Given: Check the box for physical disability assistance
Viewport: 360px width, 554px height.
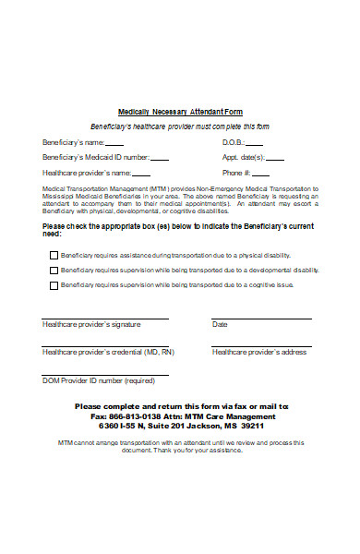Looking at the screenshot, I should coord(52,255).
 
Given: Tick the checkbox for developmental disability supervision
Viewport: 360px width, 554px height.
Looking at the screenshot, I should coord(52,271).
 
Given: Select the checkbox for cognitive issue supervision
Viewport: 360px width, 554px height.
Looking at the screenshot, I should coord(52,285).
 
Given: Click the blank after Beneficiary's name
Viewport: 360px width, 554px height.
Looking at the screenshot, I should coord(114,144).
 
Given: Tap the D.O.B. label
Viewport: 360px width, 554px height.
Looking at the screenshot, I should coord(233,143).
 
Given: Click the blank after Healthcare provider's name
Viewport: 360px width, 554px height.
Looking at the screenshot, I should coord(140,174).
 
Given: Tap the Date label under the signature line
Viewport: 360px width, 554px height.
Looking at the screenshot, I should coord(220,325).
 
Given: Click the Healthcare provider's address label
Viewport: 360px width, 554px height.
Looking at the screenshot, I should coord(259,353).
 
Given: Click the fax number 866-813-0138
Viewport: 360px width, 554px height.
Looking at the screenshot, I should coord(130,416).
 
